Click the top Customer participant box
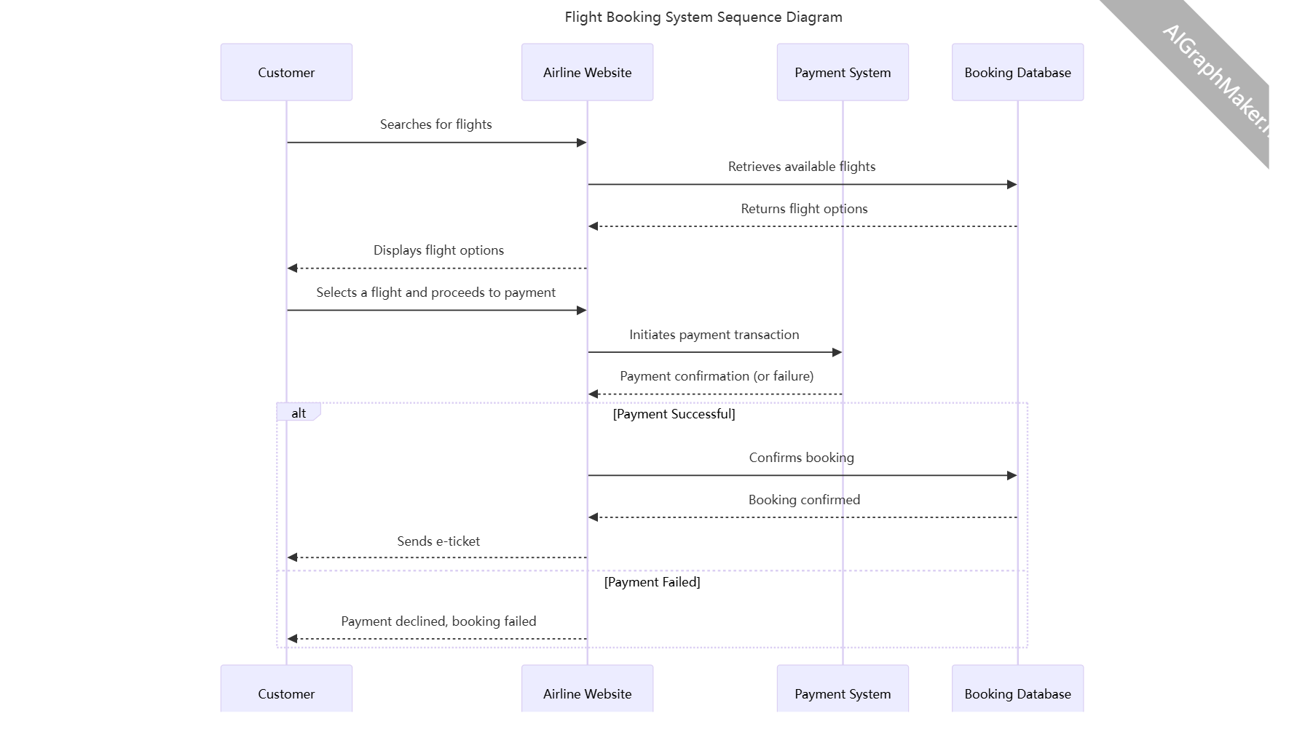click(286, 72)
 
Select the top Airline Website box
click(587, 72)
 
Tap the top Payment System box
click(843, 72)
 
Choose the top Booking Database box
click(1017, 72)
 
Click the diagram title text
click(703, 17)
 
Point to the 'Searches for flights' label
click(435, 124)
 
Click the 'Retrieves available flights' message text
click(802, 167)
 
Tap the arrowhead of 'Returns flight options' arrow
click(593, 226)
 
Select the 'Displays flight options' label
click(438, 250)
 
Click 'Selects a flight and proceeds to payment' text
click(435, 293)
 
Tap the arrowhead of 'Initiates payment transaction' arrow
click(837, 352)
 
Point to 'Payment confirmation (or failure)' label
click(717, 376)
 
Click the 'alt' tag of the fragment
click(299, 413)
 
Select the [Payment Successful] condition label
click(674, 414)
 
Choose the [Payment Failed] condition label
click(652, 582)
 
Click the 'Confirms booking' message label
click(801, 458)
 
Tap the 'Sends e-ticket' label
click(438, 541)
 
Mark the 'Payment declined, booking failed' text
click(438, 621)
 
